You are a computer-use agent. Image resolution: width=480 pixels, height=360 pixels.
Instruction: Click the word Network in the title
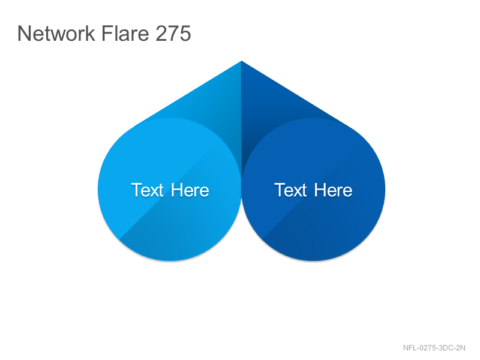[x=56, y=33]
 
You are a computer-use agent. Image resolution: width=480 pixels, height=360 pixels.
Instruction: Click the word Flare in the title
[x=125, y=33]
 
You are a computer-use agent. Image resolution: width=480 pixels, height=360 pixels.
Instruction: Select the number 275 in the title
[x=173, y=33]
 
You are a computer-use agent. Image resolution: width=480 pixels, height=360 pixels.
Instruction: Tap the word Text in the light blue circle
[x=147, y=190]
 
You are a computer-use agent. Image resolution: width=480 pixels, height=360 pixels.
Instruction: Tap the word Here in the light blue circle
[x=190, y=190]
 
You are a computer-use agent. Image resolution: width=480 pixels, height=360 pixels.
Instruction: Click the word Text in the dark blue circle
[x=290, y=190]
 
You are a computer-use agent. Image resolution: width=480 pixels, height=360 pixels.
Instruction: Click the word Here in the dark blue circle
[x=333, y=190]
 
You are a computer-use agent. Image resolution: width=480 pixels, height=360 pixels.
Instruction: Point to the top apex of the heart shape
[x=241, y=61]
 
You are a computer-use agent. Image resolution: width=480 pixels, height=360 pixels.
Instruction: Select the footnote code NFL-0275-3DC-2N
[x=434, y=348]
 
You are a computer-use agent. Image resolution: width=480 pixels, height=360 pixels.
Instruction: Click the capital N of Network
[x=24, y=33]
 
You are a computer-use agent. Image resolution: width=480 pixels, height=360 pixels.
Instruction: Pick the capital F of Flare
[x=107, y=33]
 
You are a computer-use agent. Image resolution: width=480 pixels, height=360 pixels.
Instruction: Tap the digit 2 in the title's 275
[x=161, y=33]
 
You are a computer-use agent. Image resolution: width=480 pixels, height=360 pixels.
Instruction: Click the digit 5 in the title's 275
[x=185, y=33]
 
